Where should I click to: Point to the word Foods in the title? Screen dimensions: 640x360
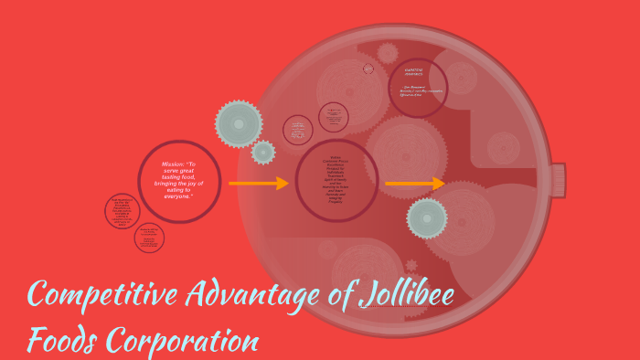pos(62,339)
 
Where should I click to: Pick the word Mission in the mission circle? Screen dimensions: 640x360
pos(173,164)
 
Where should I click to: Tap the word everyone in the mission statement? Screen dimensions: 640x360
pos(178,196)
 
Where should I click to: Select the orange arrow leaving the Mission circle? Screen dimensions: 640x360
pos(258,184)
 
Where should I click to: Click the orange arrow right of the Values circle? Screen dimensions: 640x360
pos(414,184)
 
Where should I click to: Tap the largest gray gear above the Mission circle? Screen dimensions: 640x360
pos(239,123)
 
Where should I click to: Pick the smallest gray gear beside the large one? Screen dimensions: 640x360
pos(263,153)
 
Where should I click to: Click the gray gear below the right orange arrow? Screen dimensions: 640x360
pos(427,218)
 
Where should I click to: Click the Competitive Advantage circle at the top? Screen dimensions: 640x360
pos(417,88)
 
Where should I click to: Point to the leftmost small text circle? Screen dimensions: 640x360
pos(122,211)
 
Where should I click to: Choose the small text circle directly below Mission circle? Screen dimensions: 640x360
pos(149,238)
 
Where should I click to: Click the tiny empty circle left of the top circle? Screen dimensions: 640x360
pos(368,69)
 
